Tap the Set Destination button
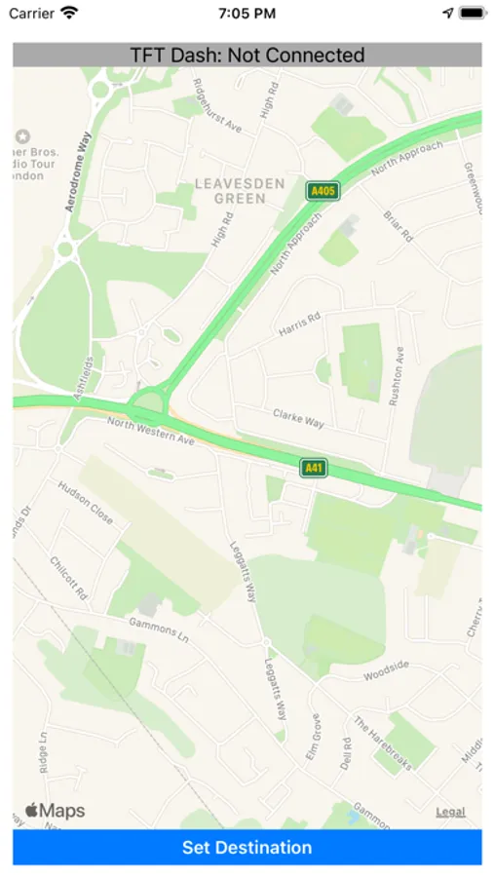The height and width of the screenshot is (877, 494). coord(247,847)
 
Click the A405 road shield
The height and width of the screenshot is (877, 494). coord(322,191)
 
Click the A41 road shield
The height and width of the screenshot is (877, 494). coord(313,469)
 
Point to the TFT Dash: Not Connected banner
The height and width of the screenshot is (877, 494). coord(247,56)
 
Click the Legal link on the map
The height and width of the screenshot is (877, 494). coord(450,812)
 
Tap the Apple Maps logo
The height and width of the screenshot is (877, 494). coord(56,811)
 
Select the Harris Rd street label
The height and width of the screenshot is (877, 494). coord(299,323)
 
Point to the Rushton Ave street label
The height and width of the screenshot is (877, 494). coord(396,377)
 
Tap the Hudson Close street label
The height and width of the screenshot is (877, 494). coord(87,503)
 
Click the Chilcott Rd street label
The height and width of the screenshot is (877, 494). coord(69,579)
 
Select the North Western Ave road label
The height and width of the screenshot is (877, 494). coord(151,431)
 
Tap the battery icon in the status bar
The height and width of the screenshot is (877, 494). coord(472,14)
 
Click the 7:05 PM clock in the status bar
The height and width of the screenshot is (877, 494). coord(247,14)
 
